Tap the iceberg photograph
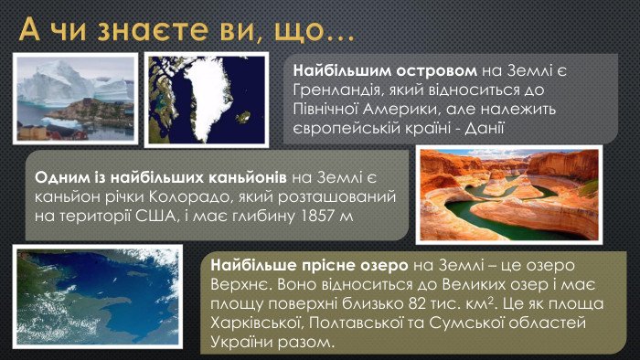pyautogui.click(x=75, y=97)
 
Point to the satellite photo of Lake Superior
pyautogui.click(x=106, y=299)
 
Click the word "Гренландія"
pyautogui.click(x=333, y=90)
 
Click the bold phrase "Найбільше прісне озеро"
pyautogui.click(x=310, y=265)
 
